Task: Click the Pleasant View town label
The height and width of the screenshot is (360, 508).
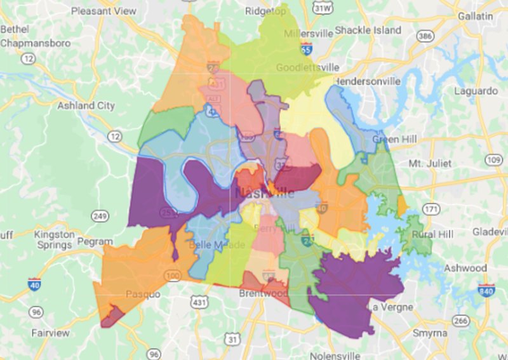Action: [x=104, y=11]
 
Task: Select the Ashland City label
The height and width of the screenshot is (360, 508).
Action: [x=86, y=105]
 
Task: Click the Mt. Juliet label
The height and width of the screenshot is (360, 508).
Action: [x=430, y=163]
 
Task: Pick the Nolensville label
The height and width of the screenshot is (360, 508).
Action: [x=335, y=356]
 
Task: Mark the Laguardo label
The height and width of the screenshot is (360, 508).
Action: [x=474, y=91]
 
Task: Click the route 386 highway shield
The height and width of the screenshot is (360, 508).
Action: [x=425, y=36]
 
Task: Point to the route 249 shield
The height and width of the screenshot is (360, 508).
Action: [x=98, y=217]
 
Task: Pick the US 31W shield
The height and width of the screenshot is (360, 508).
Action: [x=323, y=8]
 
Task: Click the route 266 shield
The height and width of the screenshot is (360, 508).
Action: [x=461, y=321]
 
